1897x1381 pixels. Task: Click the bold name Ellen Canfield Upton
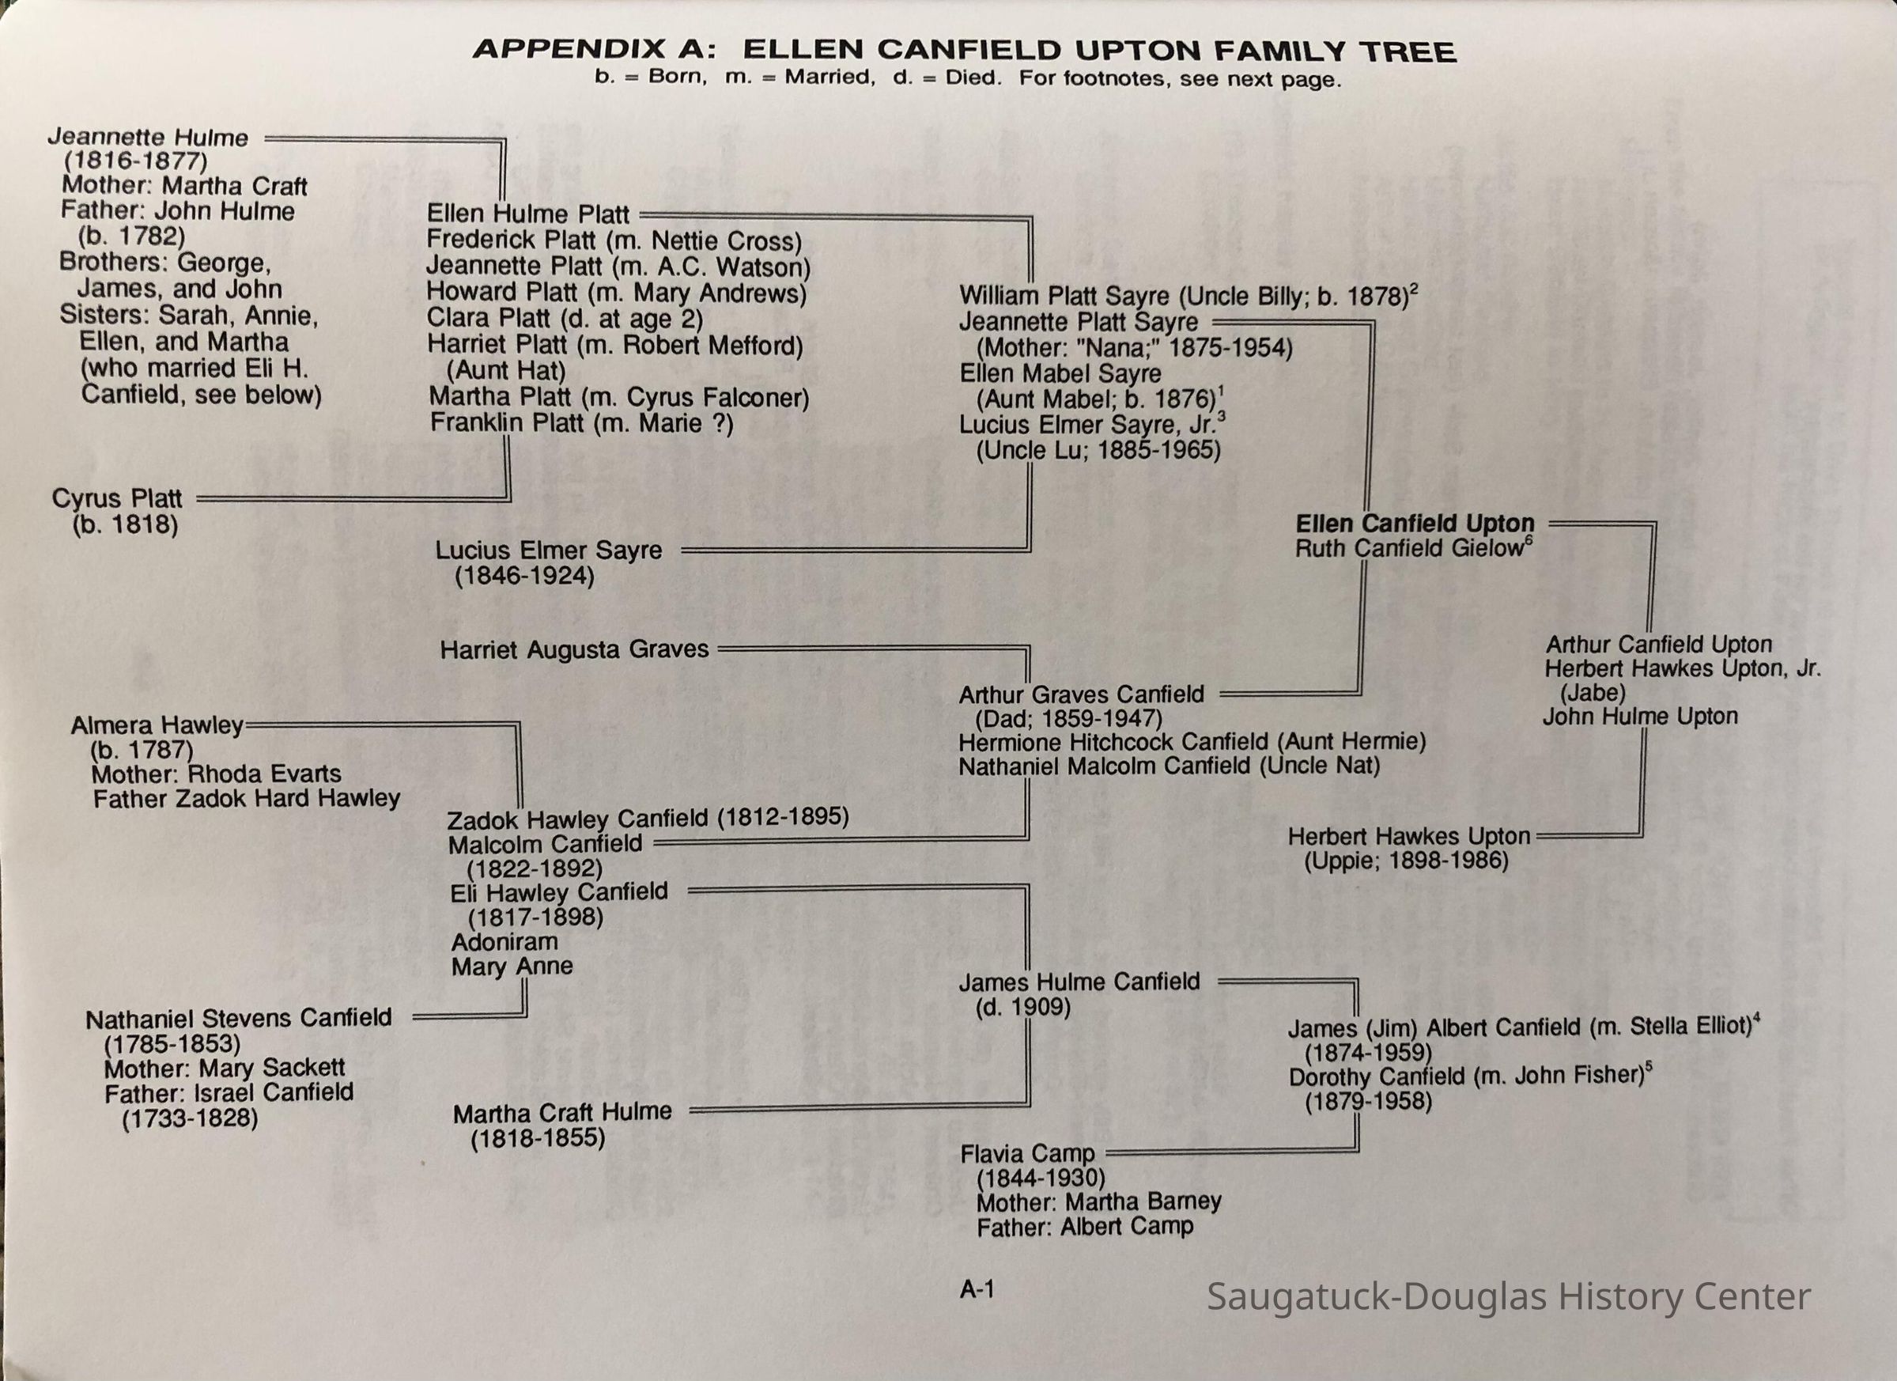1415,524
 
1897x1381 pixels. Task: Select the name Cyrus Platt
117,498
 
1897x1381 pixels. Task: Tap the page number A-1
977,1289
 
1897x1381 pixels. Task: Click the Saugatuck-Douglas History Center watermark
1508,1296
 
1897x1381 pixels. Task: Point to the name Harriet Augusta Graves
574,649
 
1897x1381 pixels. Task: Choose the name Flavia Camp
1027,1153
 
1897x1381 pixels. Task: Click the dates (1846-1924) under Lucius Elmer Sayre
524,576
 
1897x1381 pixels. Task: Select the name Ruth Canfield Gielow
1410,549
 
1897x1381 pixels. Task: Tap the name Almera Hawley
157,725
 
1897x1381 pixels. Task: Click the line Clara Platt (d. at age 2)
565,319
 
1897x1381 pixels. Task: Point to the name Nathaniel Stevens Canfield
238,1018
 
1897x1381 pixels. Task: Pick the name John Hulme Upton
1640,716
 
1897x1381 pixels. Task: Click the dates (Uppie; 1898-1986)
1406,861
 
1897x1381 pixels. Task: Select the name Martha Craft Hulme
562,1111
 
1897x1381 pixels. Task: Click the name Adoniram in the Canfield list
504,942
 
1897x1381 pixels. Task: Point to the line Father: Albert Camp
1085,1227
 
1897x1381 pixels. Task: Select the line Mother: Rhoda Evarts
216,774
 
